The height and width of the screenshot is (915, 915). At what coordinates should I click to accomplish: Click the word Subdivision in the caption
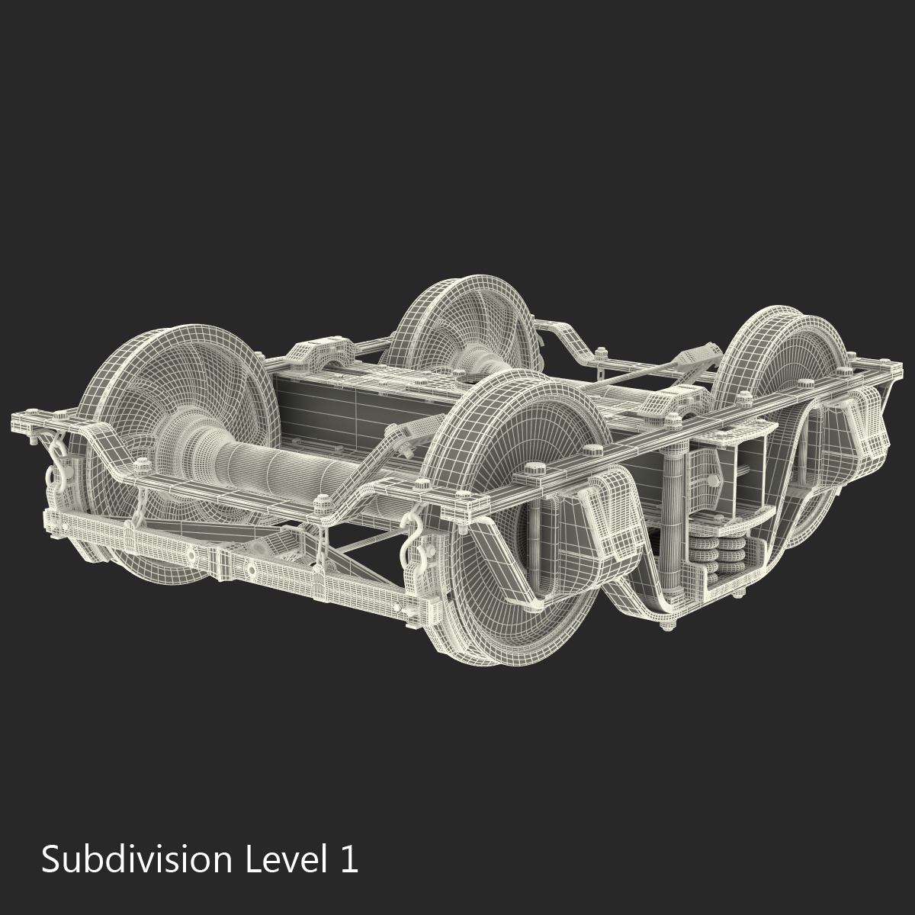(x=136, y=860)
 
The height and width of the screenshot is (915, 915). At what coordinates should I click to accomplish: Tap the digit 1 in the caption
(x=347, y=860)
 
